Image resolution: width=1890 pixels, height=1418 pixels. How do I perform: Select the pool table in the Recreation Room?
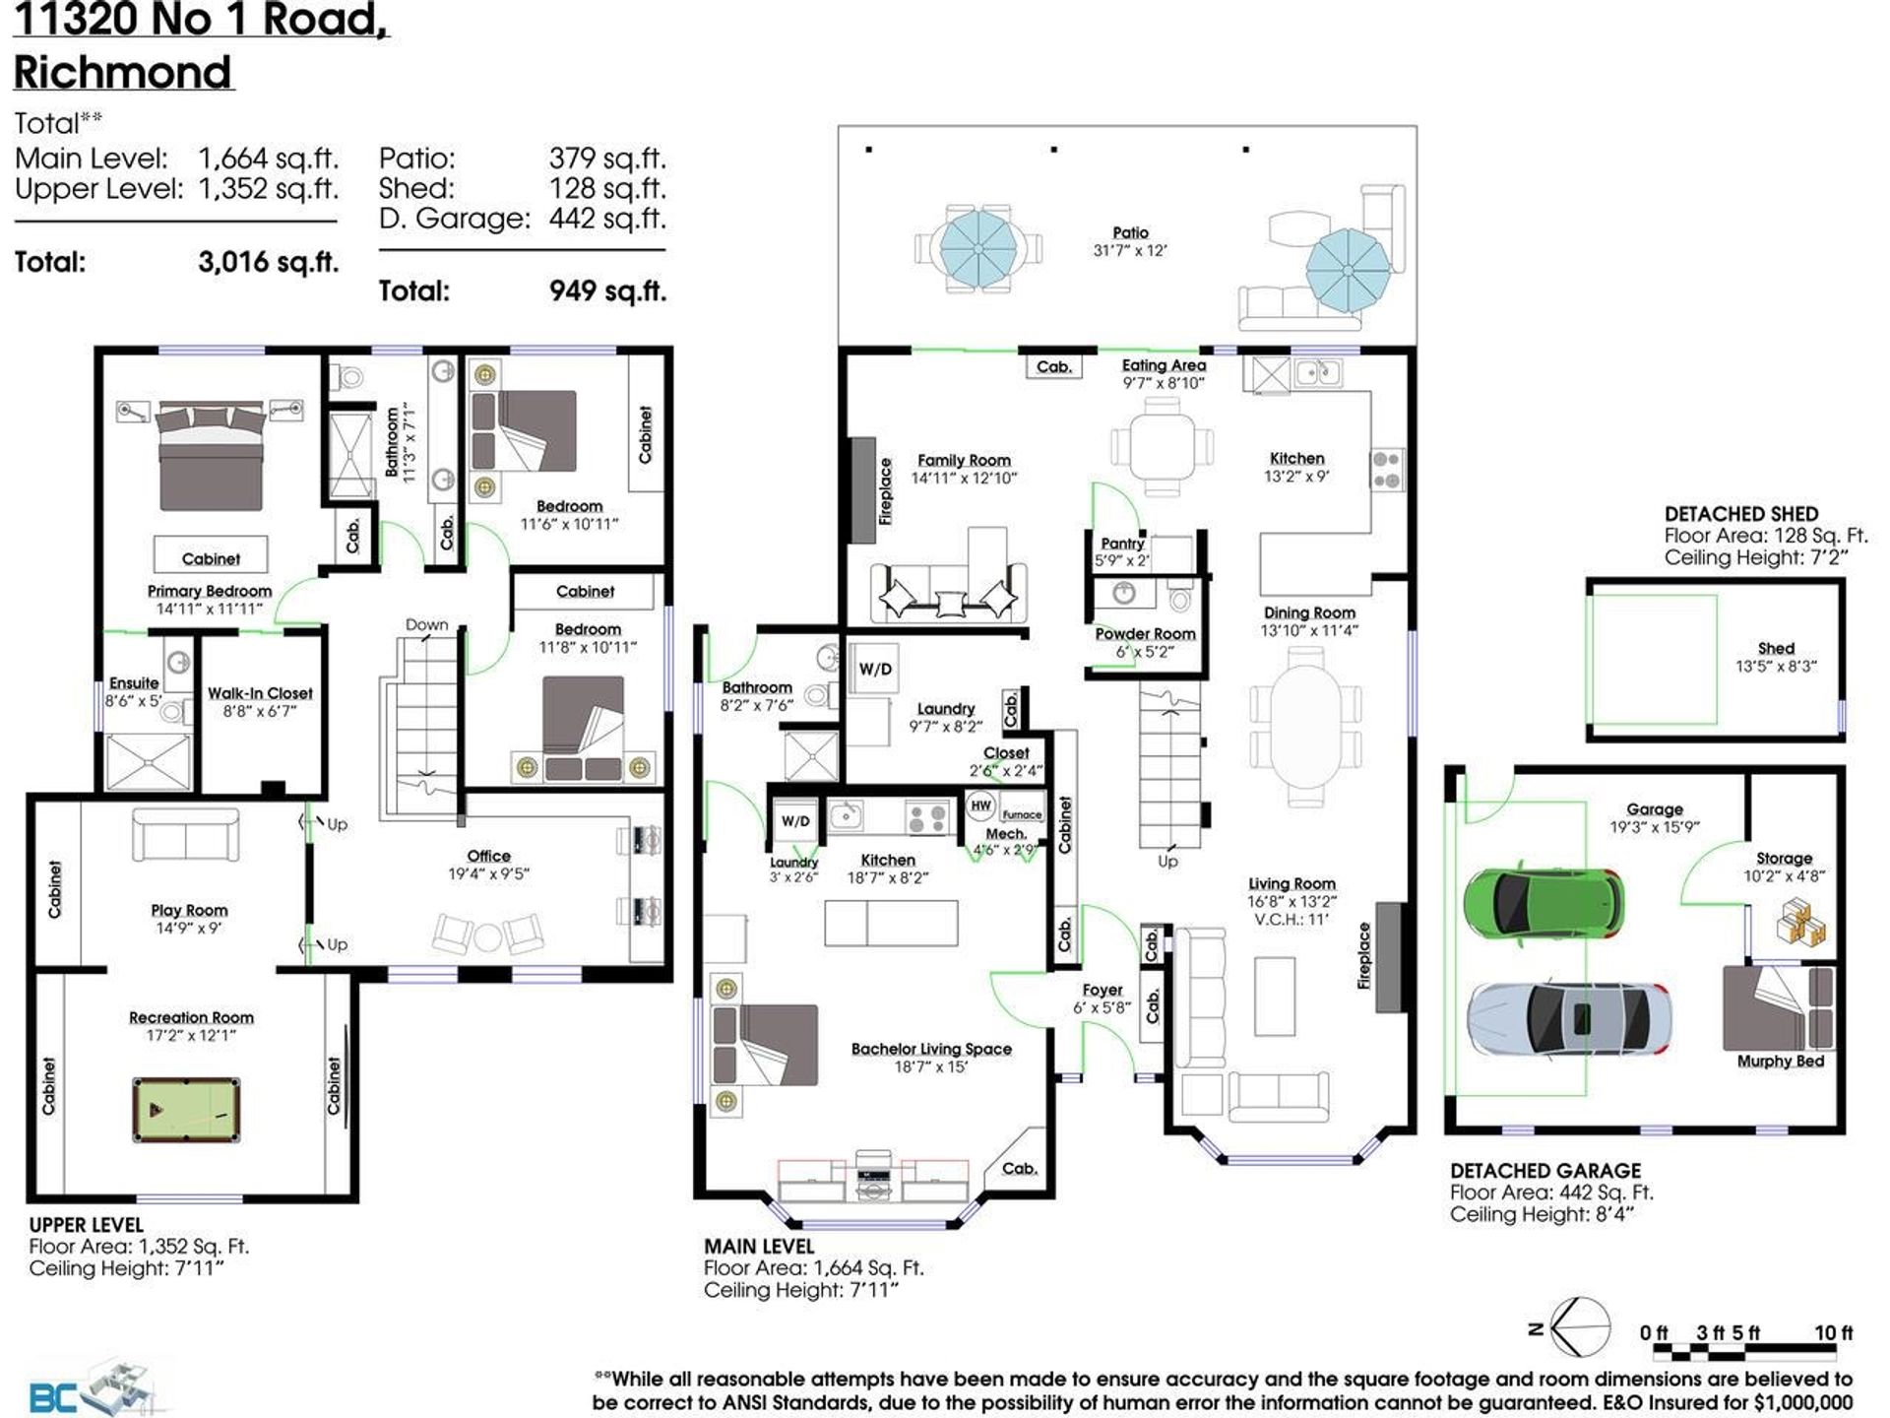point(186,1110)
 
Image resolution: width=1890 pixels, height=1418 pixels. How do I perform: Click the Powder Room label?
point(1145,634)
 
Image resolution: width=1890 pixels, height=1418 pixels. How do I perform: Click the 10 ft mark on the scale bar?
point(1834,1332)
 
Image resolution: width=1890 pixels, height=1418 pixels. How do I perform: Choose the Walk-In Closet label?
point(260,693)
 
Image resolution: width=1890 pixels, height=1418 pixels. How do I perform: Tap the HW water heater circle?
point(981,806)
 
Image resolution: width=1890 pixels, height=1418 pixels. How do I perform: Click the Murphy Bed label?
point(1780,1062)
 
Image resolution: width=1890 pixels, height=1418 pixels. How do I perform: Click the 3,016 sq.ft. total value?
point(269,262)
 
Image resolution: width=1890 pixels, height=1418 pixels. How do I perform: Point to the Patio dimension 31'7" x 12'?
point(1130,251)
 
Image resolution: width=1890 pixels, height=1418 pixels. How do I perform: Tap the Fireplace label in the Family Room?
point(885,490)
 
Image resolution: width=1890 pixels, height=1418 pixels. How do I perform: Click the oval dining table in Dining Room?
point(1307,726)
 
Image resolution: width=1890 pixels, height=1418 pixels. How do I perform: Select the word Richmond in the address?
point(123,72)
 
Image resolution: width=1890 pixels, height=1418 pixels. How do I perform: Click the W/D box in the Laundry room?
point(875,670)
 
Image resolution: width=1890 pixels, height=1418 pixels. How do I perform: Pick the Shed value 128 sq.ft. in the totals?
point(607,188)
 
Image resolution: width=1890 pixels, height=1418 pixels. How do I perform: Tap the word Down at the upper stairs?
point(426,625)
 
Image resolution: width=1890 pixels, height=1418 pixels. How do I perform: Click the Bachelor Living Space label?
point(931,1049)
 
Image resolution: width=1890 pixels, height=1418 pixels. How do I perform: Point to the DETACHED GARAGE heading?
point(1545,1171)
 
